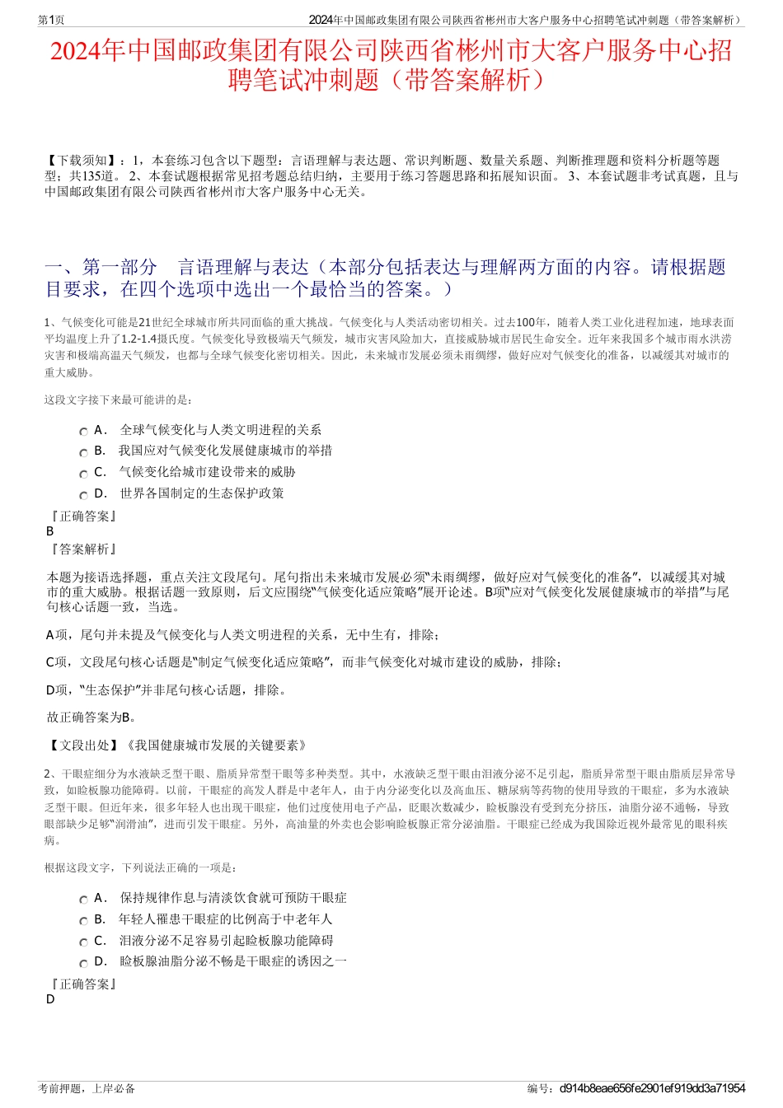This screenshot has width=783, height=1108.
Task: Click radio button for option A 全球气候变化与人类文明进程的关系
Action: (x=84, y=432)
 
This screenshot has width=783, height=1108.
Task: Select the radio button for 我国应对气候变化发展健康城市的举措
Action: (x=84, y=453)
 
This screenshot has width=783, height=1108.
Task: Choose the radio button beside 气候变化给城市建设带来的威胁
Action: (x=84, y=475)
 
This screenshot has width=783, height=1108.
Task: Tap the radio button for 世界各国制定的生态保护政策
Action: (x=84, y=496)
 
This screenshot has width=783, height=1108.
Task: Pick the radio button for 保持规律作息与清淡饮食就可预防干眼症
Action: (x=84, y=900)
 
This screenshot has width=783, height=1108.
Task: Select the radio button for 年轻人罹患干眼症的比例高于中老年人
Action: (x=84, y=921)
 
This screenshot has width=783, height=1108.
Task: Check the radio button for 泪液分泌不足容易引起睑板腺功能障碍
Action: (x=84, y=942)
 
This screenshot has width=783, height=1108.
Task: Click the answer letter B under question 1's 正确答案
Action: (x=50, y=531)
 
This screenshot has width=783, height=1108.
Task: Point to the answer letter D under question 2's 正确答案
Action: (x=50, y=999)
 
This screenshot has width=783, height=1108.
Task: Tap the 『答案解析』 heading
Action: (x=83, y=549)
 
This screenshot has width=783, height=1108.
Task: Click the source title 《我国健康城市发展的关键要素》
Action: (x=216, y=746)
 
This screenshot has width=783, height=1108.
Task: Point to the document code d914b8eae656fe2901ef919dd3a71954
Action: (x=651, y=1088)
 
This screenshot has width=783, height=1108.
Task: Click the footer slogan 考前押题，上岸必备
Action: (x=87, y=1088)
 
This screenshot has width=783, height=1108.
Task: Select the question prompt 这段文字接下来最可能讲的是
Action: (x=119, y=400)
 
